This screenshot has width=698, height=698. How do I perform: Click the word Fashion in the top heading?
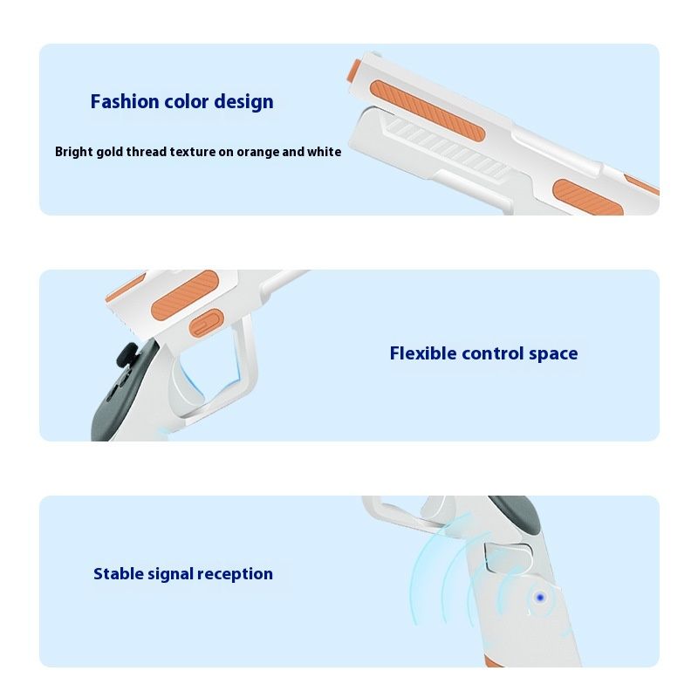(x=125, y=101)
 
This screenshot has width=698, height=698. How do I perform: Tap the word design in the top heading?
(x=244, y=102)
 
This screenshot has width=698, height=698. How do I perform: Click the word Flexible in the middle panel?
(x=423, y=353)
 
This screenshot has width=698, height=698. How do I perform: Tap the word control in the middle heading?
(x=492, y=354)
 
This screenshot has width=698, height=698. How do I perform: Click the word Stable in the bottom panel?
(x=118, y=573)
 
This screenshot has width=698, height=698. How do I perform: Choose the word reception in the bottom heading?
(x=235, y=575)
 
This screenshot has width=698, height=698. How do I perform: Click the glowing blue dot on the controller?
(x=540, y=598)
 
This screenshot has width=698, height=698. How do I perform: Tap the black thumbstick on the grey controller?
(x=127, y=355)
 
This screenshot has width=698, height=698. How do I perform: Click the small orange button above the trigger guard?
(x=206, y=324)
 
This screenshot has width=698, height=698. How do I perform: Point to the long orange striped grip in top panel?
(x=427, y=111)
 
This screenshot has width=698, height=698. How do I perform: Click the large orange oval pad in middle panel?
(x=185, y=295)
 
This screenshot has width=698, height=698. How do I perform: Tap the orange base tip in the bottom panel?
(x=493, y=662)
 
